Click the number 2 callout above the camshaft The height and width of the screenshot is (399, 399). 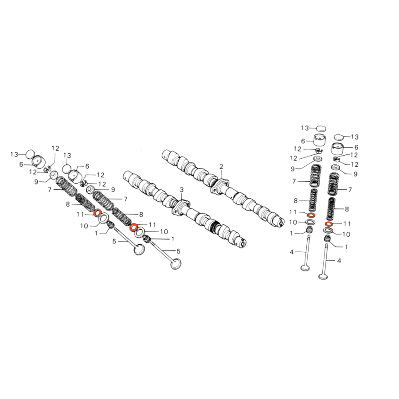(221, 167)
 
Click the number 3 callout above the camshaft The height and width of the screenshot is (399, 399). (181, 190)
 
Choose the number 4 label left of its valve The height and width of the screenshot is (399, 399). (292, 252)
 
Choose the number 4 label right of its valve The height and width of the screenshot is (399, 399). (339, 261)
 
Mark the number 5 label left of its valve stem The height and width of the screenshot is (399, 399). (114, 241)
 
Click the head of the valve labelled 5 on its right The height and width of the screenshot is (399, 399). (176, 264)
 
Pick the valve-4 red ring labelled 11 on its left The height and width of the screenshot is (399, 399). (311, 215)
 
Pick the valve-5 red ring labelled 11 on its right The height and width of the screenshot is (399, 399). (133, 227)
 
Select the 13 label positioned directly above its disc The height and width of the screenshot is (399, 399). (67, 156)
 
